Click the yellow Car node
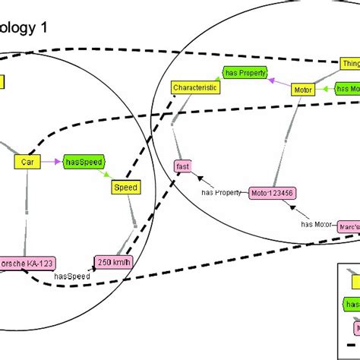click(x=27, y=162)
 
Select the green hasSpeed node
click(x=82, y=161)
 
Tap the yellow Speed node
click(x=125, y=187)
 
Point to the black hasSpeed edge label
click(x=74, y=277)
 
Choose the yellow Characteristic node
click(x=195, y=88)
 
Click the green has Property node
click(x=244, y=72)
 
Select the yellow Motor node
click(x=302, y=90)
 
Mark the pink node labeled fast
click(x=183, y=166)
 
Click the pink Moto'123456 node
click(x=270, y=193)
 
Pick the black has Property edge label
click(x=222, y=192)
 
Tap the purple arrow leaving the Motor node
click(x=278, y=84)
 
